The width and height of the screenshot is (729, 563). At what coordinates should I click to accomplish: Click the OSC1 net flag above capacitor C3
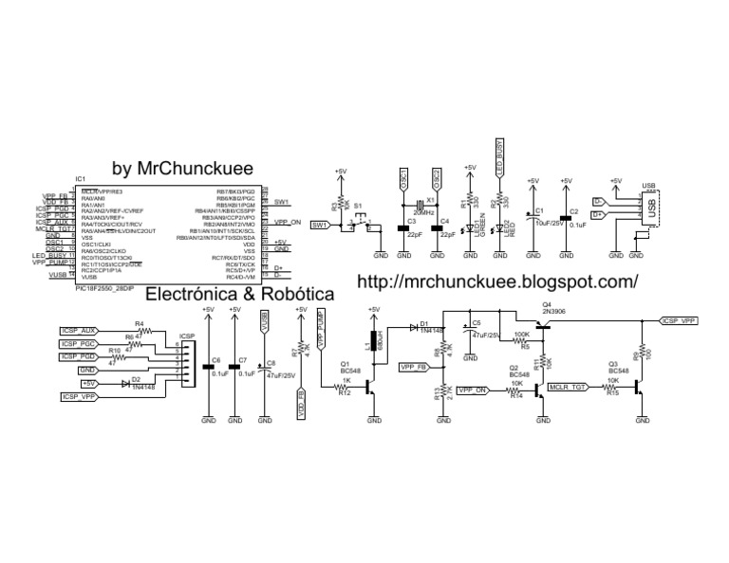click(x=402, y=180)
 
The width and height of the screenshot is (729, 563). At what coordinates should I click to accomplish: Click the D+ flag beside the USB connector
click(x=599, y=215)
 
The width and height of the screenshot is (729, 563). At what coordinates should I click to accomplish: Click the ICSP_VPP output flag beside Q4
click(x=681, y=321)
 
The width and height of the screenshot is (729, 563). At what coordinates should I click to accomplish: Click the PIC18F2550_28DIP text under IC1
click(x=104, y=290)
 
